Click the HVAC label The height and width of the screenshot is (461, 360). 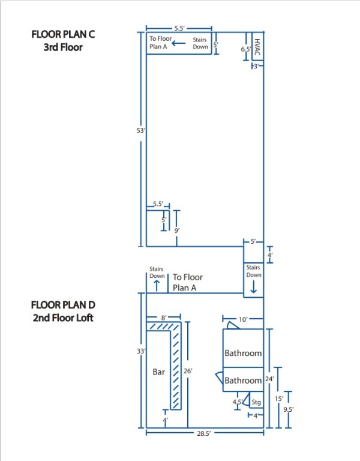tap(257, 47)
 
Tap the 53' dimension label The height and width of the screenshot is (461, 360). tap(141, 130)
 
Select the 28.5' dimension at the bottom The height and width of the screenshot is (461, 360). tap(203, 433)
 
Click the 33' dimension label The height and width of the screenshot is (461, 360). tap(141, 351)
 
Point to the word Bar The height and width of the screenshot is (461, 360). tap(158, 372)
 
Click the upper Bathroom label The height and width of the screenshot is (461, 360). tap(243, 353)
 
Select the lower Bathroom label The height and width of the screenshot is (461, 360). tap(243, 381)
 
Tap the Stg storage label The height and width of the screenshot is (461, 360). tap(256, 402)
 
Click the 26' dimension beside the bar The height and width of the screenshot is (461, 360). tap(188, 371)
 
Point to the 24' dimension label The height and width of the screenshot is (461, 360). tap(269, 379)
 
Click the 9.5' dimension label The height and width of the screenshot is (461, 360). tap(289, 409)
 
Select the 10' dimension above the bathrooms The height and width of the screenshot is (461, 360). tap(244, 319)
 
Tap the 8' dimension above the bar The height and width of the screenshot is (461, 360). tap(164, 318)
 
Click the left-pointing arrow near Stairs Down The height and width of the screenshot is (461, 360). tap(179, 43)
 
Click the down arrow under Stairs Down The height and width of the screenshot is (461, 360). tap(253, 288)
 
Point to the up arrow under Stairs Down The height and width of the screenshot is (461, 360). tap(157, 286)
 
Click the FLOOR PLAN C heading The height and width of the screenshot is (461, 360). tap(63, 34)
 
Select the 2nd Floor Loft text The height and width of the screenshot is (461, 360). tap(63, 318)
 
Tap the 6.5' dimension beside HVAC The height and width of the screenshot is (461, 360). tap(246, 49)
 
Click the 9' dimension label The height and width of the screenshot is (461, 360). tap(176, 230)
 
